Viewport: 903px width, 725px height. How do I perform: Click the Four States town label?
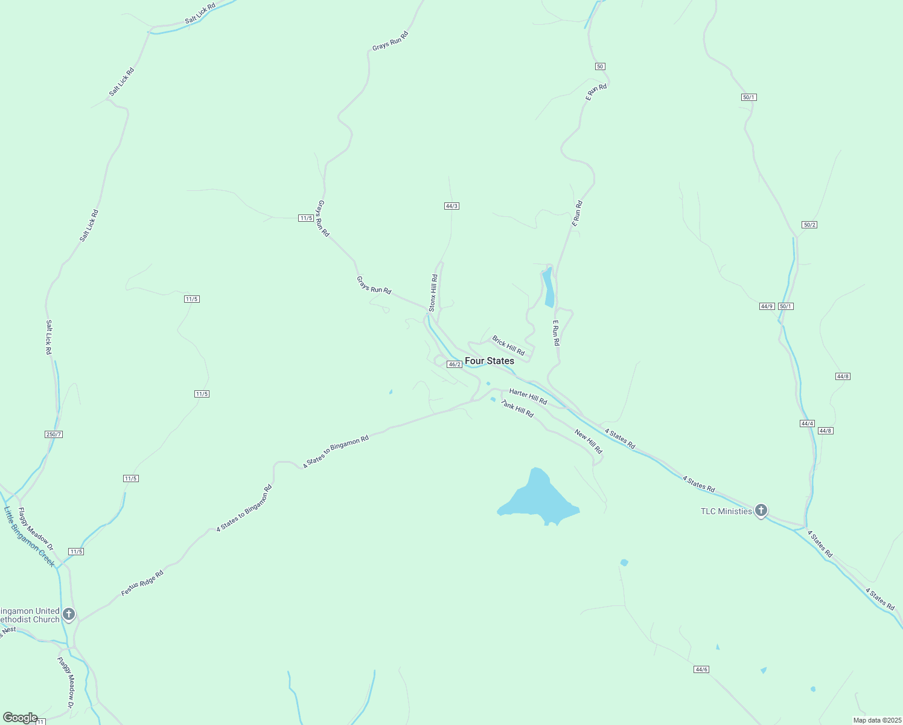coord(490,361)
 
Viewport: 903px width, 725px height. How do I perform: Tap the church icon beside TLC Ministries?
coord(761,511)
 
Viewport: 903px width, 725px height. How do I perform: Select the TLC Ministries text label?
coord(726,511)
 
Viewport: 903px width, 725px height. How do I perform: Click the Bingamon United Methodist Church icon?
coord(69,614)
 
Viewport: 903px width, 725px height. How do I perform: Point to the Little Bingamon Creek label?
coord(29,536)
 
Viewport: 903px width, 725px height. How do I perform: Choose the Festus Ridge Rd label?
coord(142,583)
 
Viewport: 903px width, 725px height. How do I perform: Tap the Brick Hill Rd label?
coord(508,346)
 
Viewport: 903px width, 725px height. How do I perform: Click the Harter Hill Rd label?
coord(528,397)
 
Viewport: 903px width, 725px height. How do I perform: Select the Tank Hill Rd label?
coord(517,409)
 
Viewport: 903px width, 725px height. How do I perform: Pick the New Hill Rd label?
coord(589,442)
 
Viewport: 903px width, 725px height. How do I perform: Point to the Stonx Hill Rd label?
coord(433,293)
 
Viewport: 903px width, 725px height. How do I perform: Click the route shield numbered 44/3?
coord(451,206)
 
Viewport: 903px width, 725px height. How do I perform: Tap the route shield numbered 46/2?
coord(455,364)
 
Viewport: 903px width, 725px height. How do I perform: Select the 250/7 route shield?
coord(54,434)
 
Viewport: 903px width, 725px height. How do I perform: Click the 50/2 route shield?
coord(809,225)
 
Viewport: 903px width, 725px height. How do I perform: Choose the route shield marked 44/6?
coord(701,669)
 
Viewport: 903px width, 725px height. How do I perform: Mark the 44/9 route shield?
coord(767,306)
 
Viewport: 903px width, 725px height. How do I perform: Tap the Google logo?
coord(20,718)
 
